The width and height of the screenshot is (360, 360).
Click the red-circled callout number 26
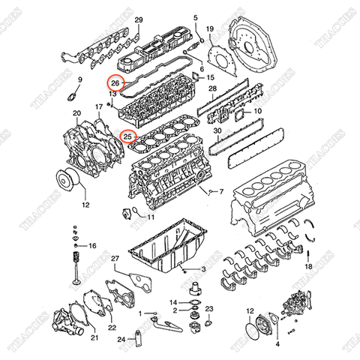click(x=115, y=84)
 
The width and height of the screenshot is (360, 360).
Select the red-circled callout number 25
click(x=128, y=137)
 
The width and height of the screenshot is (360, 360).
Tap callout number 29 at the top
click(x=138, y=19)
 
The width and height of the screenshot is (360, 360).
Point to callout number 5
click(x=195, y=17)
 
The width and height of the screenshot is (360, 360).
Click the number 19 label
click(x=210, y=29)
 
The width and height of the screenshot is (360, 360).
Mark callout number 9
click(x=79, y=79)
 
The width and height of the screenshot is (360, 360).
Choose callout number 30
click(x=217, y=130)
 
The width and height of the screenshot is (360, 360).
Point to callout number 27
click(x=115, y=259)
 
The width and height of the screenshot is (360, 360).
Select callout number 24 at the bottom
click(x=121, y=339)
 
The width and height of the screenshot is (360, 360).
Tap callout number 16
click(x=92, y=245)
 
